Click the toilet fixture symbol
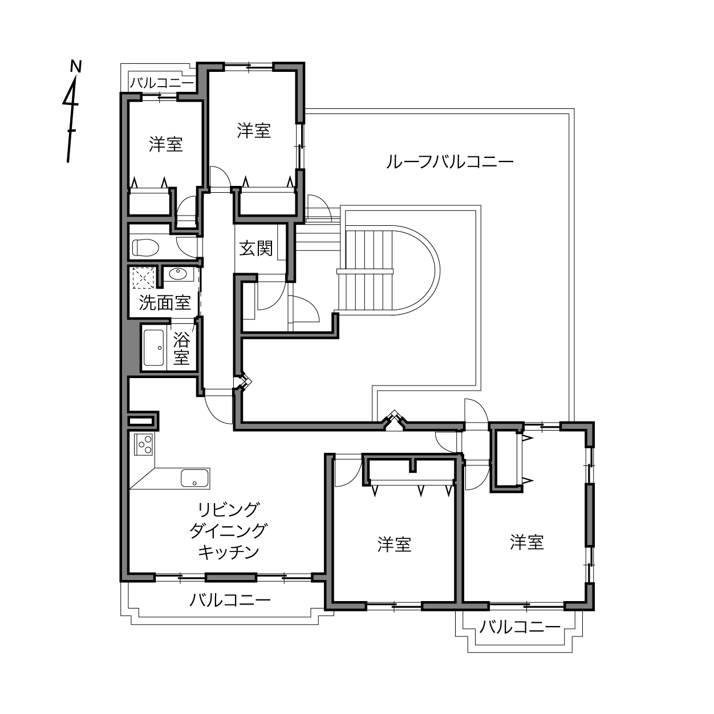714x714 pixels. [145, 248]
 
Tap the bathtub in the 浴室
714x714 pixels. [154, 347]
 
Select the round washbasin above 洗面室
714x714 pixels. [178, 274]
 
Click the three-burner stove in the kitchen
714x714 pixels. [144, 444]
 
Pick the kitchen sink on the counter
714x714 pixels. [194, 478]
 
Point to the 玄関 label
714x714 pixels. [255, 248]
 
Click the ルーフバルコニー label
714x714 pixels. [450, 162]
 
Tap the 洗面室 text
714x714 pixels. [165, 303]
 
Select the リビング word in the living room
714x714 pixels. [228, 510]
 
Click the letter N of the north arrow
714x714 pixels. [76, 66]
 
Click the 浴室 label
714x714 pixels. [181, 348]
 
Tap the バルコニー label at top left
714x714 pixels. [162, 83]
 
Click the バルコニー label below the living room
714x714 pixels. [230, 600]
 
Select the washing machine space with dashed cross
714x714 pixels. [143, 278]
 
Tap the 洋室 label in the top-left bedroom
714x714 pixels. [165, 144]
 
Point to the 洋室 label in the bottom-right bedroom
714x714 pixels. [526, 542]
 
